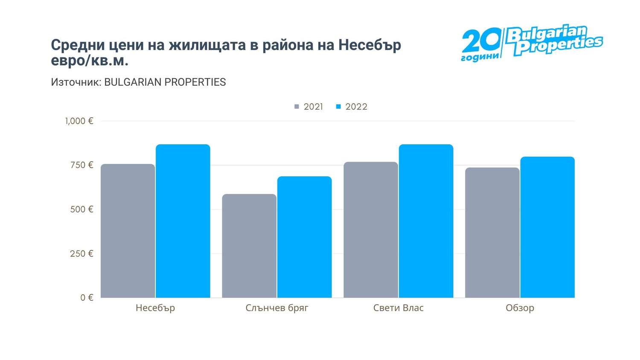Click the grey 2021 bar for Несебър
pyautogui.click(x=128, y=231)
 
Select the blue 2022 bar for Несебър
pyautogui.click(x=183, y=221)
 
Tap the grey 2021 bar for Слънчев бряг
pyautogui.click(x=249, y=246)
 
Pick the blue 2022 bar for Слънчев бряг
pyautogui.click(x=304, y=237)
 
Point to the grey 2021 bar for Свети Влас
pyautogui.click(x=370, y=229)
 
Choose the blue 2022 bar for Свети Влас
pyautogui.click(x=426, y=221)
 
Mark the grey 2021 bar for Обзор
pyautogui.click(x=492, y=232)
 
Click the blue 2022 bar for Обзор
pyautogui.click(x=547, y=227)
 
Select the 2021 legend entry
pyautogui.click(x=309, y=107)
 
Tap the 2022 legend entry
pyautogui.click(x=352, y=107)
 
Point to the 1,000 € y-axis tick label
pyautogui.click(x=79, y=121)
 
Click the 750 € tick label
pyautogui.click(x=81, y=165)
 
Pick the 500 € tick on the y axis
pyautogui.click(x=81, y=209)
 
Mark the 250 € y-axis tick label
pyautogui.click(x=81, y=254)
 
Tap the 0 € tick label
pyautogui.click(x=87, y=298)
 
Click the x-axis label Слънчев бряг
pyautogui.click(x=276, y=308)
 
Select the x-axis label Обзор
pyautogui.click(x=520, y=308)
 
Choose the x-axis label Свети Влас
pyautogui.click(x=398, y=308)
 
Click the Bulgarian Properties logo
pyautogui.click(x=532, y=42)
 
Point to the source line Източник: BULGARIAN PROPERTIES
pyautogui.click(x=138, y=82)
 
